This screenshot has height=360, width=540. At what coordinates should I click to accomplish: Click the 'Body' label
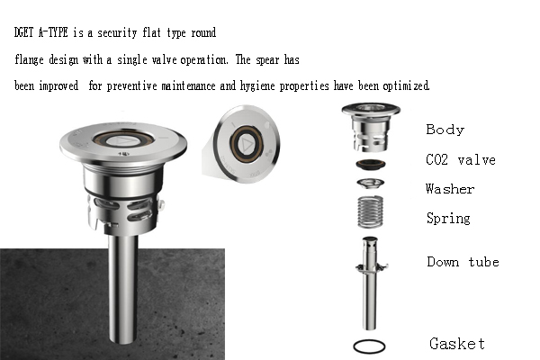point(445,130)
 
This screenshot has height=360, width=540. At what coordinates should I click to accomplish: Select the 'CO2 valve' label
point(461,160)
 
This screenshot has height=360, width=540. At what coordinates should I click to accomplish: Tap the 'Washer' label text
point(450,189)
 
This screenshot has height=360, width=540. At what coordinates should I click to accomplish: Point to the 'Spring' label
point(448,219)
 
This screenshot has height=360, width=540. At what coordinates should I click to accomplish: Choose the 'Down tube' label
point(463,262)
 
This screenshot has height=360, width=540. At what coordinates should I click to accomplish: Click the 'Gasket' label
point(457,344)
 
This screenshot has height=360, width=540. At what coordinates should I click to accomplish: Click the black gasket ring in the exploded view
point(369,340)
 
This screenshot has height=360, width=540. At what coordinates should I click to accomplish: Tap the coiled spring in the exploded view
point(370,211)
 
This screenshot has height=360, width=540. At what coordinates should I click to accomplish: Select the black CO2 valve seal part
point(371,165)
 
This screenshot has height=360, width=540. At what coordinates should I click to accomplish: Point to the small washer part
point(370,184)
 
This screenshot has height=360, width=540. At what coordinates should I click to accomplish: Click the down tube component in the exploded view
point(370,283)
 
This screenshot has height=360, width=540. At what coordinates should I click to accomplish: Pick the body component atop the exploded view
point(371,127)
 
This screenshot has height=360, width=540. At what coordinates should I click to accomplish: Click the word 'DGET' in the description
point(23,32)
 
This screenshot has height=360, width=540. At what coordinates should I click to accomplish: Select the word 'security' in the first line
point(117,32)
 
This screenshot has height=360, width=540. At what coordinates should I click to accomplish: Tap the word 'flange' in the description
point(29,60)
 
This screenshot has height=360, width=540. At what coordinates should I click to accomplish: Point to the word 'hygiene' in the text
point(256,85)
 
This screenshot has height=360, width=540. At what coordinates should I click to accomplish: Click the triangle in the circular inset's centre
point(246,144)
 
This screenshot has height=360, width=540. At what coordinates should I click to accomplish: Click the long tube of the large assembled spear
point(123,290)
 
